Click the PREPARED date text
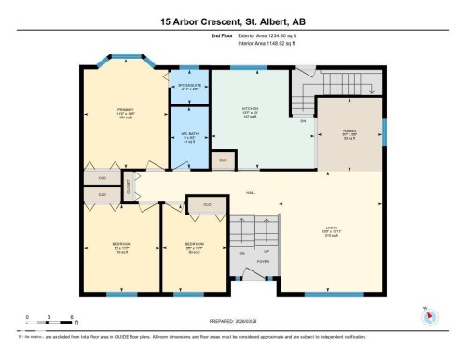click(x=232, y=317)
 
